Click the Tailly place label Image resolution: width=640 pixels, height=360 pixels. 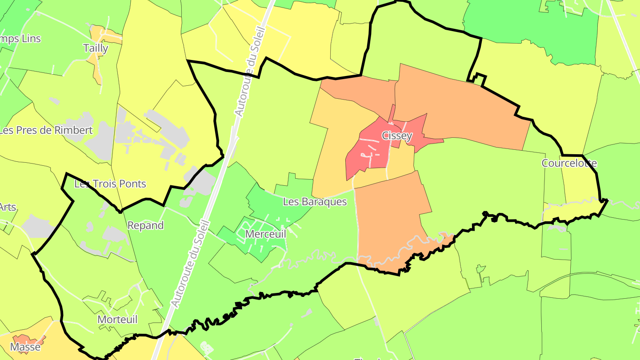coord(96,48)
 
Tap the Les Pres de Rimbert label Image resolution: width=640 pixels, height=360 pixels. coord(46,130)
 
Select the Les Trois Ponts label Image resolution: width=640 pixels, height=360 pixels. coord(110,184)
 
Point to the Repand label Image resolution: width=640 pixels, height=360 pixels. coord(145,225)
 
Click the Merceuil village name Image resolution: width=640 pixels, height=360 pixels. coord(265,234)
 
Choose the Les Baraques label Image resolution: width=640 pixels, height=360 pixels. coord(315,202)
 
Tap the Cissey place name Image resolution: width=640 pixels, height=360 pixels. coord(397,136)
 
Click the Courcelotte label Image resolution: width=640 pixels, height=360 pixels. coord(569,163)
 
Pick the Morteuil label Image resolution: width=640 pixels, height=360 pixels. coord(117,320)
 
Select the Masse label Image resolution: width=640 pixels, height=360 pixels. coord(25,347)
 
